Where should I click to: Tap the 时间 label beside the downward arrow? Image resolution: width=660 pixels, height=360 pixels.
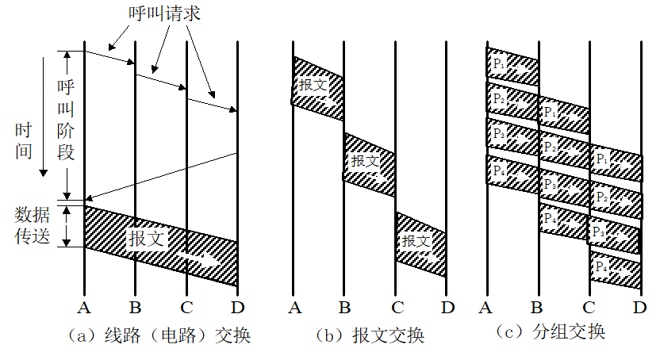click(x=24, y=140)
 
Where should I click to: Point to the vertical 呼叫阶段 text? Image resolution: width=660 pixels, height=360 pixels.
click(x=67, y=118)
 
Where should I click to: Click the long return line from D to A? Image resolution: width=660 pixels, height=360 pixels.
click(x=159, y=175)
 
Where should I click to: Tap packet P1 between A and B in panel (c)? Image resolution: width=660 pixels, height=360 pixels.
click(x=512, y=65)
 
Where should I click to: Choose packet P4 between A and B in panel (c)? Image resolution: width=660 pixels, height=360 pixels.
click(x=512, y=172)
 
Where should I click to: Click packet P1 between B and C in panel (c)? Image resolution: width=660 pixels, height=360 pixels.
click(x=563, y=115)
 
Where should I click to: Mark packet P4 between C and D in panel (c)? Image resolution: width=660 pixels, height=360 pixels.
click(x=615, y=270)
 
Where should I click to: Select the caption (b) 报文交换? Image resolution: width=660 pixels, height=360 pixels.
click(x=369, y=335)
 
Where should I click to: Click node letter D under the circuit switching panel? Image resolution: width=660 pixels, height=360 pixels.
click(x=237, y=306)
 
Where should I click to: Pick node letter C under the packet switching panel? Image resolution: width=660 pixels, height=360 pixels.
click(x=589, y=306)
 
